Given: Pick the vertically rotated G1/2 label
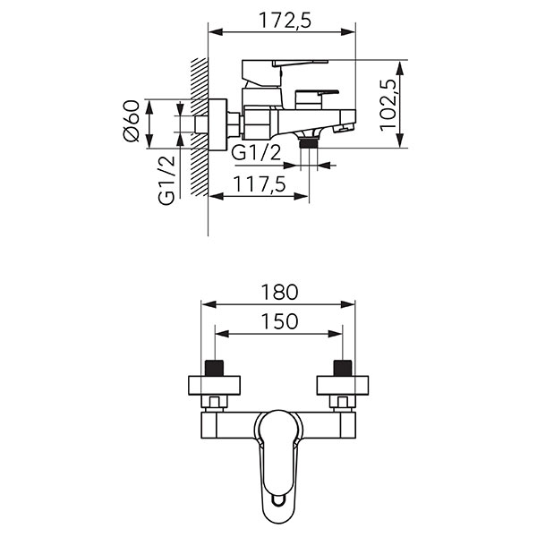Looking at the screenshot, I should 167,178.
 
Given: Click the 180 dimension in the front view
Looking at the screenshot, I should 279,292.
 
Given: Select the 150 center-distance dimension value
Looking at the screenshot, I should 279,321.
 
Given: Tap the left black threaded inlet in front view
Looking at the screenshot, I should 215,367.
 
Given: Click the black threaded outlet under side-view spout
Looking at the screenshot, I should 310,141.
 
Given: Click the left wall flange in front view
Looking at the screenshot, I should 215,386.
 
